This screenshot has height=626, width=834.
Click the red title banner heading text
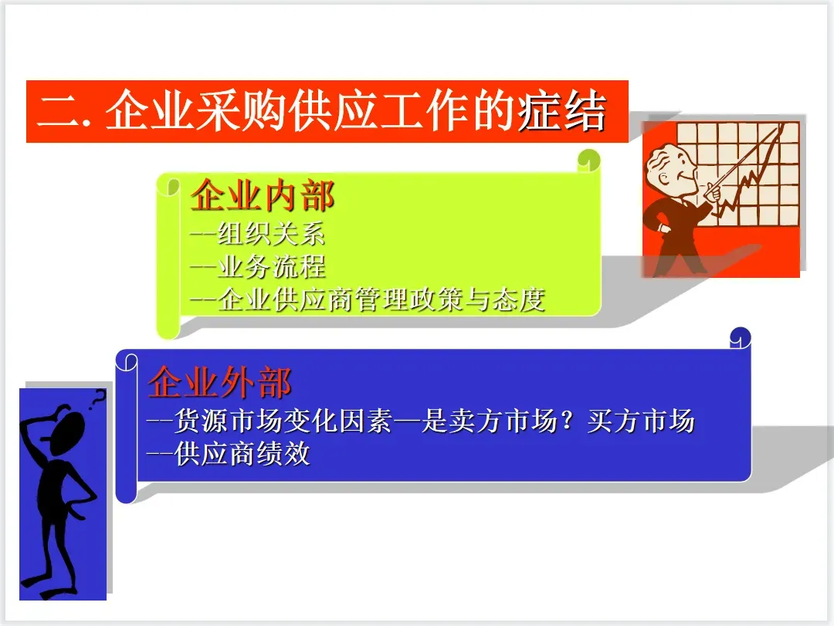(x=322, y=110)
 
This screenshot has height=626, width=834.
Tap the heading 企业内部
(x=263, y=195)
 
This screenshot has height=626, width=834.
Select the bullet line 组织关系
(x=257, y=234)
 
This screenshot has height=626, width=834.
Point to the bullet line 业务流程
(x=257, y=266)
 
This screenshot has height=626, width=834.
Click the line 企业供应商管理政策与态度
(x=368, y=299)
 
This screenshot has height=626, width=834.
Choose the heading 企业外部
(x=219, y=382)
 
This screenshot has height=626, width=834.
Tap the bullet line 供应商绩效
(x=228, y=454)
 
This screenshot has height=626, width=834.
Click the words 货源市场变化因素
(x=283, y=421)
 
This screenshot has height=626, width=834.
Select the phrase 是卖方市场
(x=489, y=421)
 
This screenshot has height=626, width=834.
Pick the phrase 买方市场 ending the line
(x=641, y=421)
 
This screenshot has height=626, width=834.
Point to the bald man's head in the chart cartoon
(x=670, y=170)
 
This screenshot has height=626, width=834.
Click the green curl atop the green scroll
(x=588, y=160)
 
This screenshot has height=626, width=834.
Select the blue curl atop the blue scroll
(x=741, y=338)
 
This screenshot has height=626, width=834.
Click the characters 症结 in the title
(x=562, y=110)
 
